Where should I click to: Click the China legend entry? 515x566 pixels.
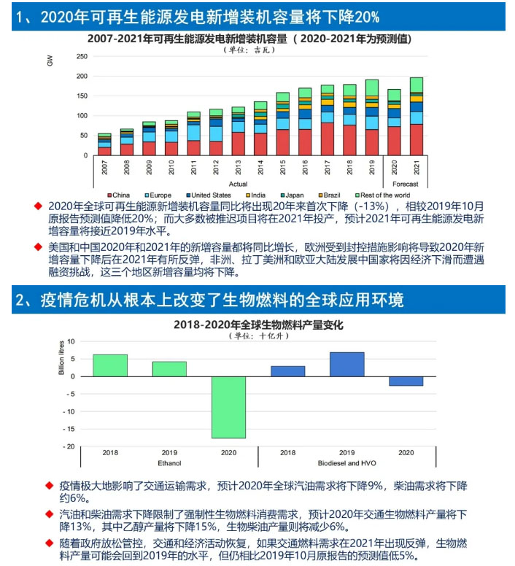(x=120, y=195)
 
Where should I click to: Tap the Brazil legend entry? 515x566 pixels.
(x=331, y=195)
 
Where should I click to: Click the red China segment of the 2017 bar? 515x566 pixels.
(x=328, y=139)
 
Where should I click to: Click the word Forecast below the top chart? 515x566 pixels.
(x=405, y=184)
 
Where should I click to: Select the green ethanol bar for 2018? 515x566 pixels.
(x=110, y=365)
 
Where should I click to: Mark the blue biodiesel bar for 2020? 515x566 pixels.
(x=406, y=381)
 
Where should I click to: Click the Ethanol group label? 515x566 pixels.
(x=169, y=462)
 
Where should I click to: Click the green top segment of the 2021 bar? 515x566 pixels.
(x=417, y=85)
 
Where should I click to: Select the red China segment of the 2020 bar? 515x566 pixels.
(x=394, y=141)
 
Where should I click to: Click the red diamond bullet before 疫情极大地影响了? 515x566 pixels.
(x=50, y=485)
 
